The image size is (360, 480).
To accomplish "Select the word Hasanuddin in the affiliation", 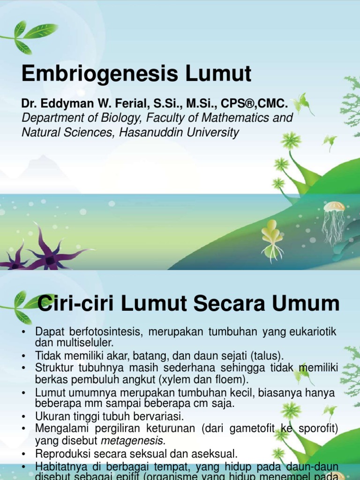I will coord(150,133).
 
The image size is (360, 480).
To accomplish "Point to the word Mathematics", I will coord(230,118).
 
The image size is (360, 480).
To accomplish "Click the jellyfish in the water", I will coord(334,220).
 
